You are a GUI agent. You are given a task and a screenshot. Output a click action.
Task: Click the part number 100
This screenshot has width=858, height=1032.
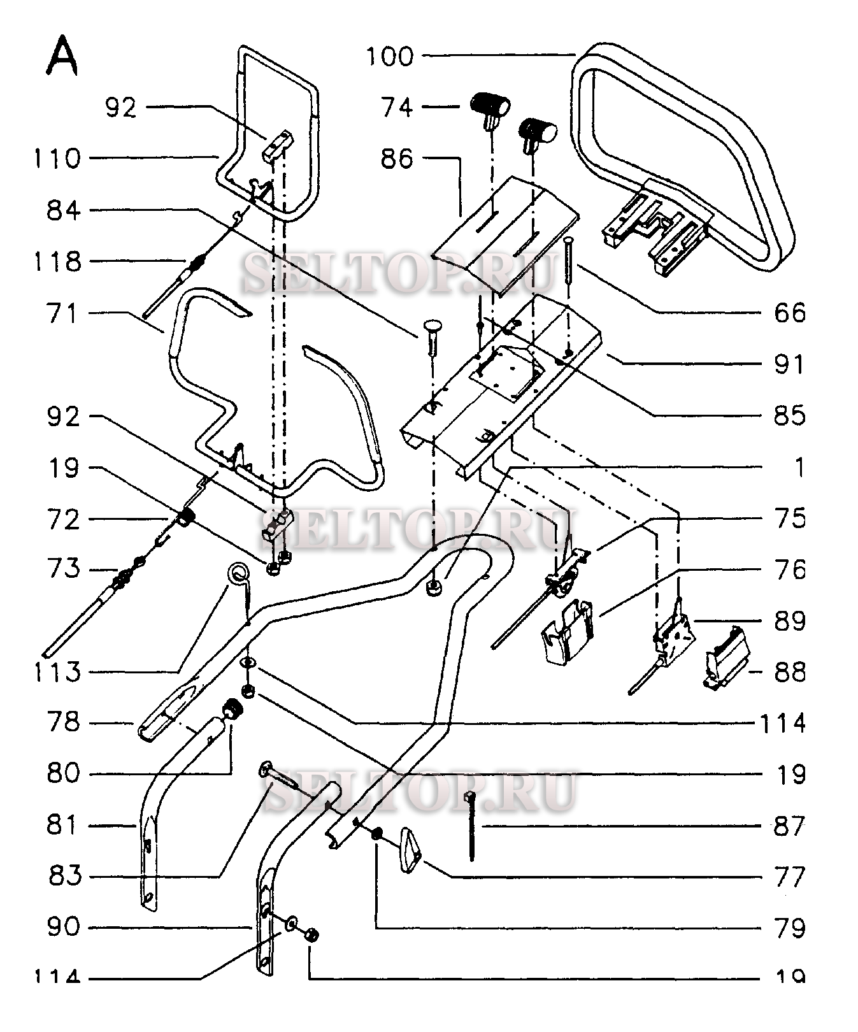click(x=390, y=57)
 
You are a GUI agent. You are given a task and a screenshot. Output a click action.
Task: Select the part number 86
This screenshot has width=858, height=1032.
click(x=397, y=159)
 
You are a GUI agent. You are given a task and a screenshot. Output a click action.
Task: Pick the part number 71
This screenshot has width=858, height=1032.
click(x=62, y=313)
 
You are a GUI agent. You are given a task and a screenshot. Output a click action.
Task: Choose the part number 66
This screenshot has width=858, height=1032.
click(x=789, y=313)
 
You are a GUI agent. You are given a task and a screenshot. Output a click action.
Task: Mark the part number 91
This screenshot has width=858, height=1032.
click(x=789, y=365)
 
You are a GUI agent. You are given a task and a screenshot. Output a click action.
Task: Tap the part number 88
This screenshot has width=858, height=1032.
click(x=789, y=673)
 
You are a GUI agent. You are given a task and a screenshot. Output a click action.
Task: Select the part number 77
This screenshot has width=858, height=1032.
click(x=789, y=878)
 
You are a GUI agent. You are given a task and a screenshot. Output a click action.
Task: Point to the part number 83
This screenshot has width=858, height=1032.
click(x=64, y=877)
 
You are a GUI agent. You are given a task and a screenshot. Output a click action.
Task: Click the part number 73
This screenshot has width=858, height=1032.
click(x=63, y=569)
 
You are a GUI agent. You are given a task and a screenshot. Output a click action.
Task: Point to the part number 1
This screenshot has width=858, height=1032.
click(x=799, y=468)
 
